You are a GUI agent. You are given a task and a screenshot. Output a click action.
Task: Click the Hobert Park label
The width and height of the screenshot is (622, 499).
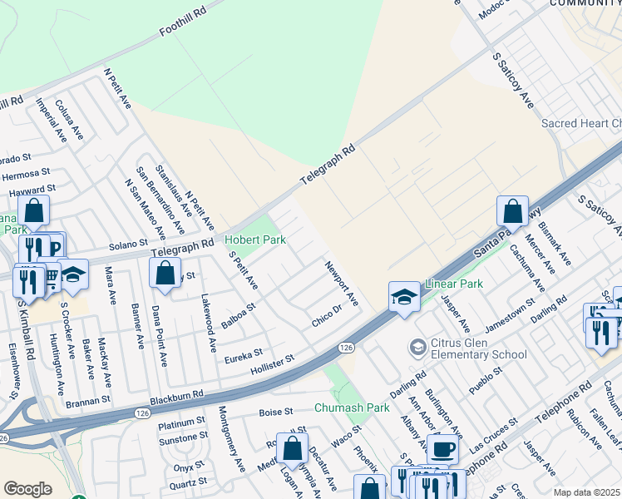(255, 240)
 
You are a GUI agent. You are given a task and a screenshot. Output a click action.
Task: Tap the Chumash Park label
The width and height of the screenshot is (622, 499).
(352, 408)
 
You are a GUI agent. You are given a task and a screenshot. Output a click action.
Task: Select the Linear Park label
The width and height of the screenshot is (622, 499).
(454, 284)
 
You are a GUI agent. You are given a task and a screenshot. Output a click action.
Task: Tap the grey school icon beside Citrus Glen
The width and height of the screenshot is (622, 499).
(417, 346)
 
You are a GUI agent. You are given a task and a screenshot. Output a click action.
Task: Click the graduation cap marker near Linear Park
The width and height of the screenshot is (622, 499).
(403, 297)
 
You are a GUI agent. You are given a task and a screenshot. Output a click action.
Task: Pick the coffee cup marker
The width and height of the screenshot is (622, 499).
(443, 449)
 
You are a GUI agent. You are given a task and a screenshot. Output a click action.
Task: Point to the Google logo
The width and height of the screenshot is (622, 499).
(27, 489)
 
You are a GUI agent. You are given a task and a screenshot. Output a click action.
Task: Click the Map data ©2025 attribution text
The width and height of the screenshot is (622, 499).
(586, 492)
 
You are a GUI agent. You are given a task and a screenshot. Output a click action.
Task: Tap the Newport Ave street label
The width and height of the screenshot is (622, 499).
(341, 282)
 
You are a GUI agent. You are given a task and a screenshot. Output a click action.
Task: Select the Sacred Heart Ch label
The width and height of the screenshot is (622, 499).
(581, 123)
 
